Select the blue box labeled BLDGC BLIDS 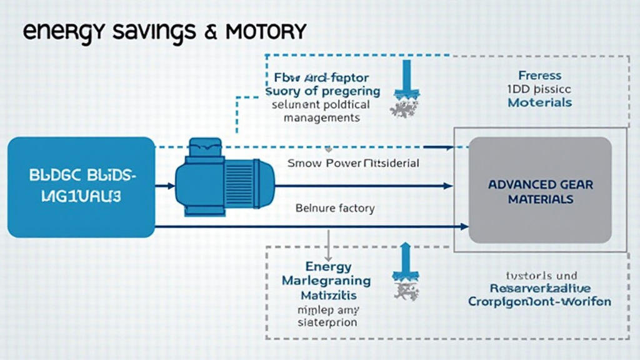pyautogui.click(x=81, y=187)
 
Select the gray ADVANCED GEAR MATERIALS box pyautogui.click(x=540, y=191)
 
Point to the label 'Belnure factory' pyautogui.click(x=335, y=208)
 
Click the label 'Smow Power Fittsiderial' pyautogui.click(x=353, y=163)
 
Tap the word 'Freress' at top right pyautogui.click(x=539, y=76)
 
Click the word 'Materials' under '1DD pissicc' pyautogui.click(x=539, y=102)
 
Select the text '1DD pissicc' pyautogui.click(x=539, y=89)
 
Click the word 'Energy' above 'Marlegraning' pyautogui.click(x=328, y=267)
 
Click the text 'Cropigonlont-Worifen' pyautogui.click(x=539, y=301)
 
